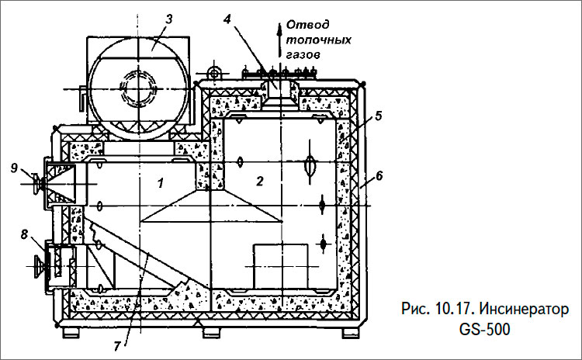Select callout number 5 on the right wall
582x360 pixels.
377,117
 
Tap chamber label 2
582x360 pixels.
261,182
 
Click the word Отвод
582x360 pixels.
302,24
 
